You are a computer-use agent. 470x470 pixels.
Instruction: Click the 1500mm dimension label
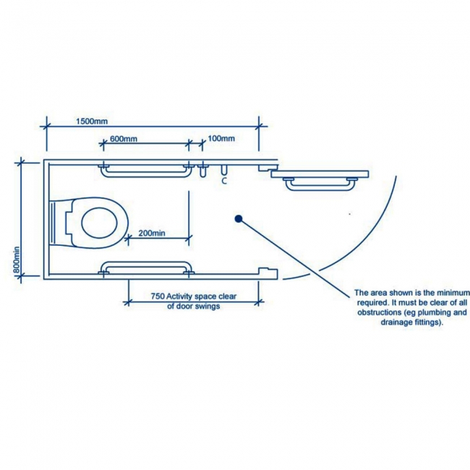point(92,121)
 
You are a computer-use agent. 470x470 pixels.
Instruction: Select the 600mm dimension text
point(124,139)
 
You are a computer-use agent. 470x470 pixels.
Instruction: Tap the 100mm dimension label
point(221,139)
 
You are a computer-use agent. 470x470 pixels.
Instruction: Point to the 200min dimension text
point(152,233)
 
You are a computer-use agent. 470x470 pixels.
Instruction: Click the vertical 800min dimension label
point(17,260)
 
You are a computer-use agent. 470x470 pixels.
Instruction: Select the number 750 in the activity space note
point(158,296)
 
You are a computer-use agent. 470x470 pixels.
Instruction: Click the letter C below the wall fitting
point(224,181)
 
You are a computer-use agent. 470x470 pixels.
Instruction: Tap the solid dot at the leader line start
point(239,219)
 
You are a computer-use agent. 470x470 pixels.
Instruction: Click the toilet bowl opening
point(99,223)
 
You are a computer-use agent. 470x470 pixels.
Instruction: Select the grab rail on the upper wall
point(146,170)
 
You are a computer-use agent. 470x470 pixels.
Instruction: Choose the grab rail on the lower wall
point(146,268)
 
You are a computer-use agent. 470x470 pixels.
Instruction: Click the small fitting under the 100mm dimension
point(203,170)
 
